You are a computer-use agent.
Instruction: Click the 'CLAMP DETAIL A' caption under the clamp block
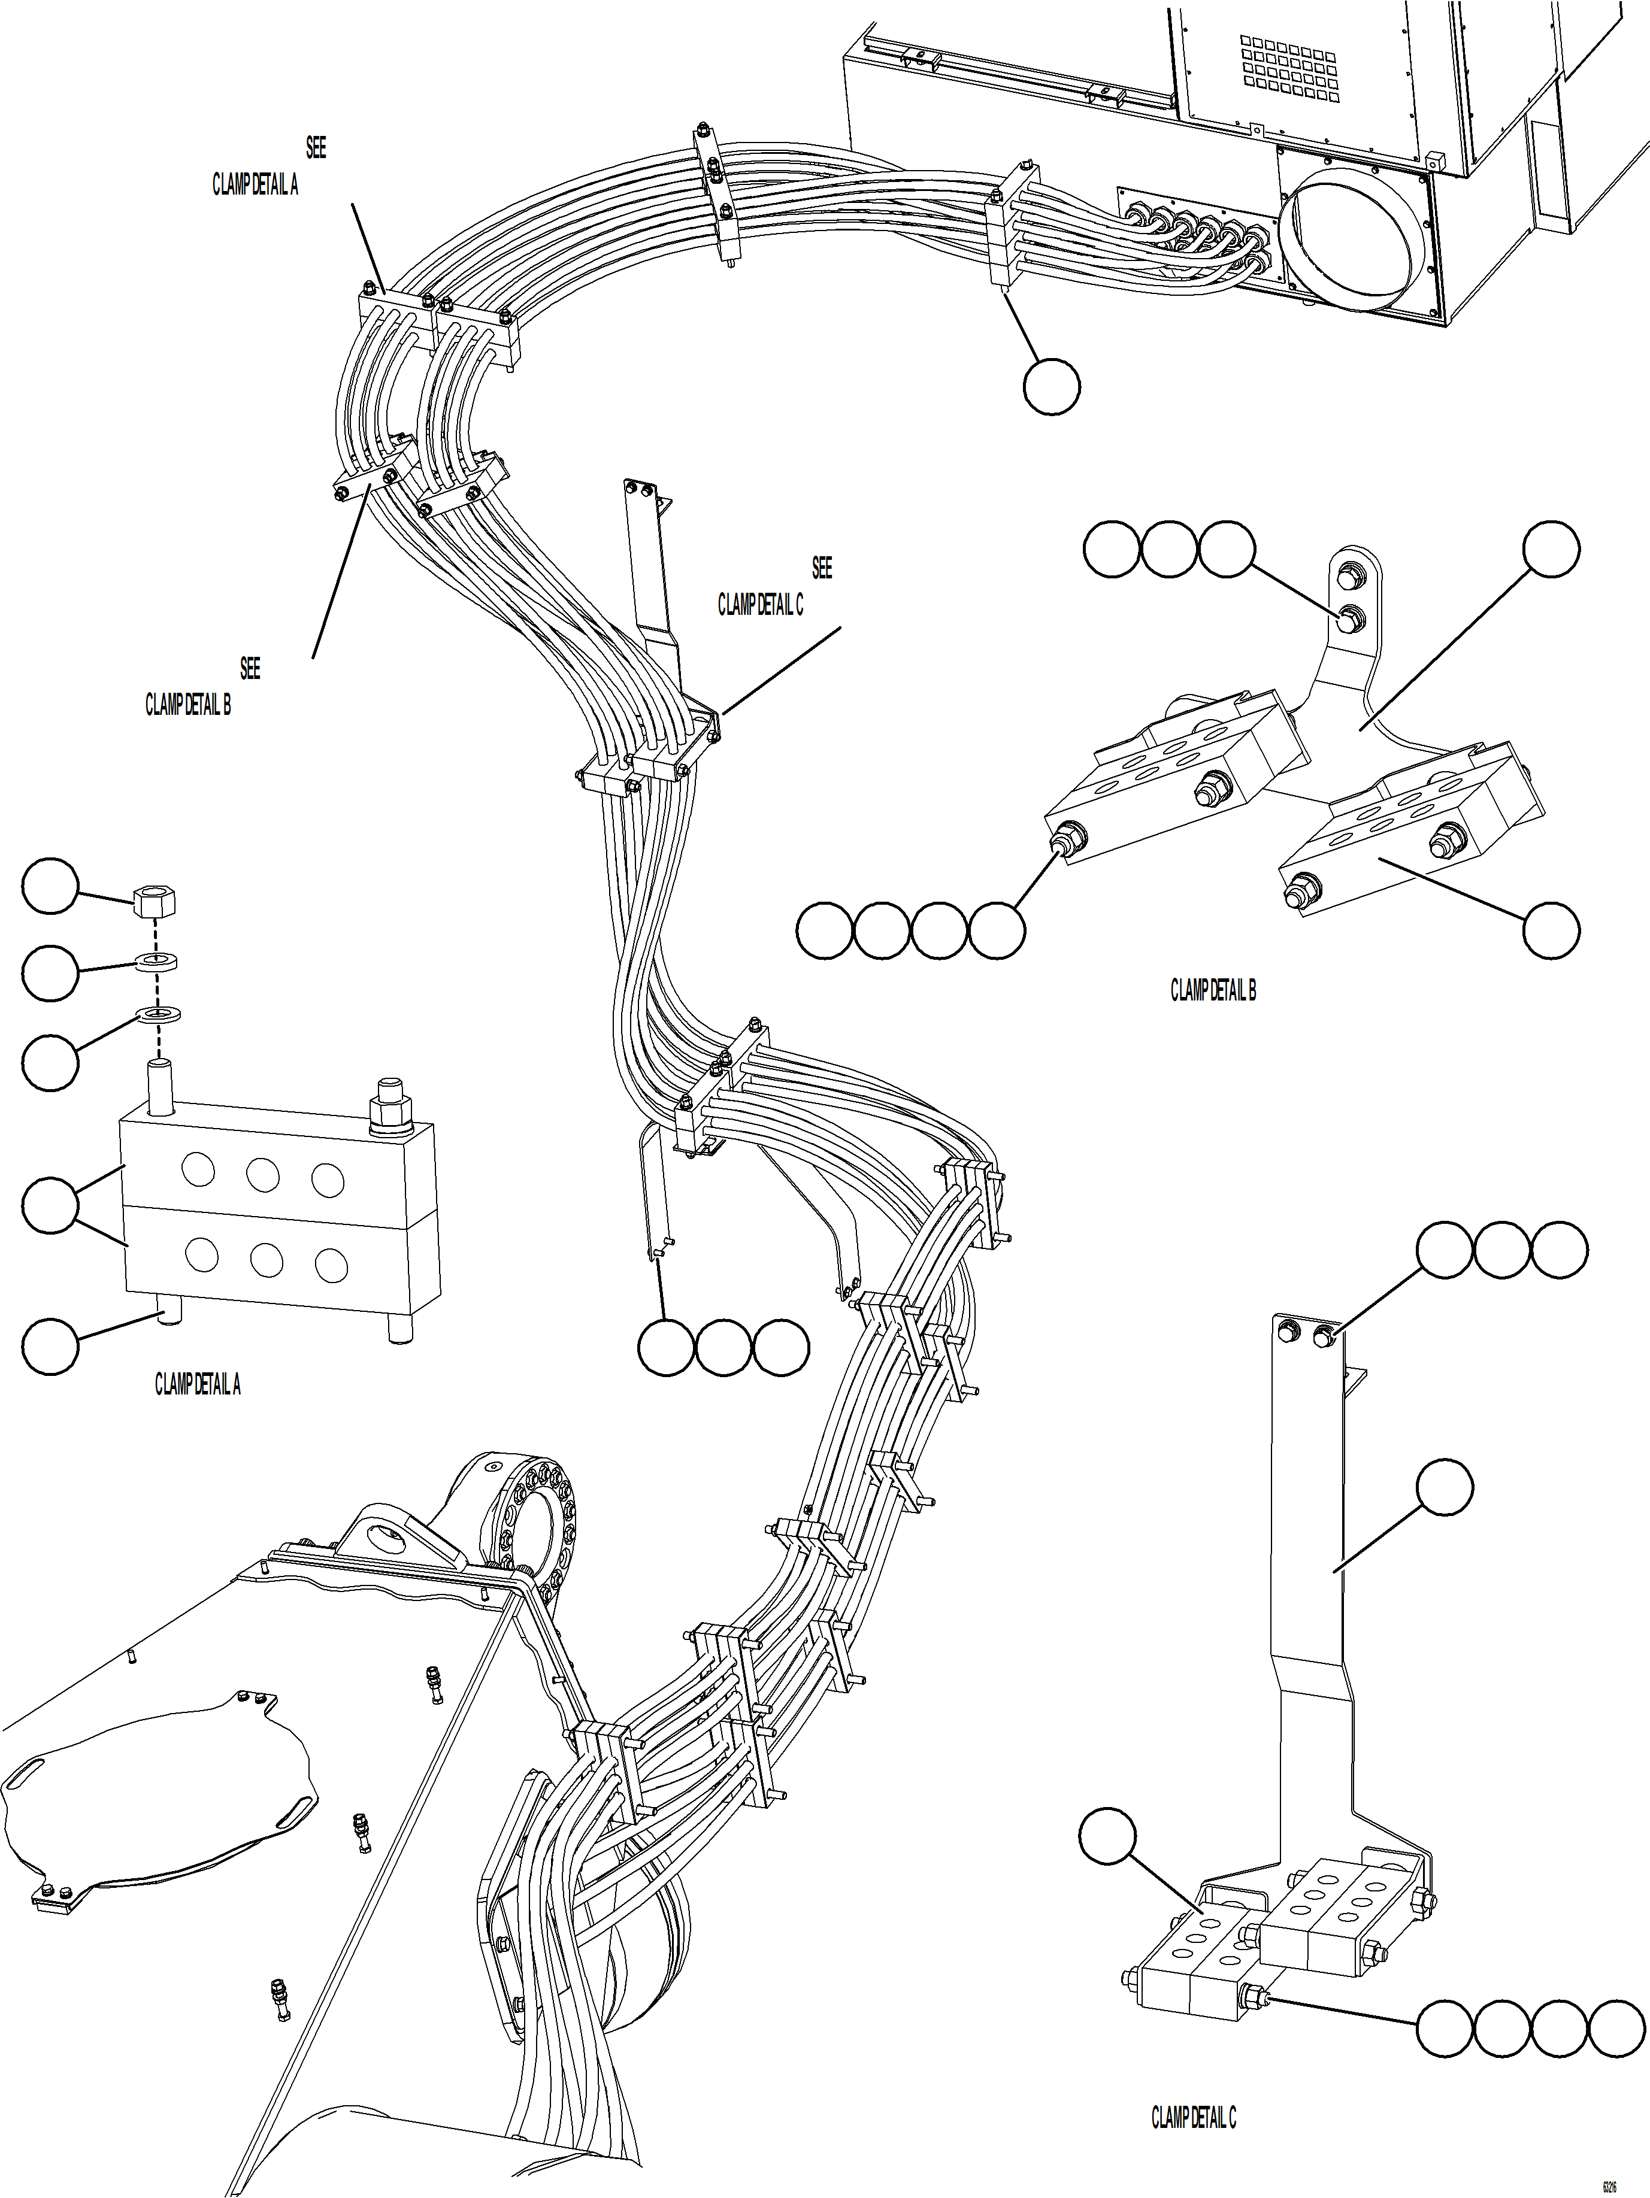tap(197, 1384)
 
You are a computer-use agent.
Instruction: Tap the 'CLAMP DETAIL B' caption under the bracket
tap(1213, 991)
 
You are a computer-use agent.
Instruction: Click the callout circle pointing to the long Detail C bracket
tap(1443, 1487)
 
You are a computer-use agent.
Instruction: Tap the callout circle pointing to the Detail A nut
tap(50, 887)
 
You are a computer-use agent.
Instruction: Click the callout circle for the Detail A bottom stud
tap(50, 1347)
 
